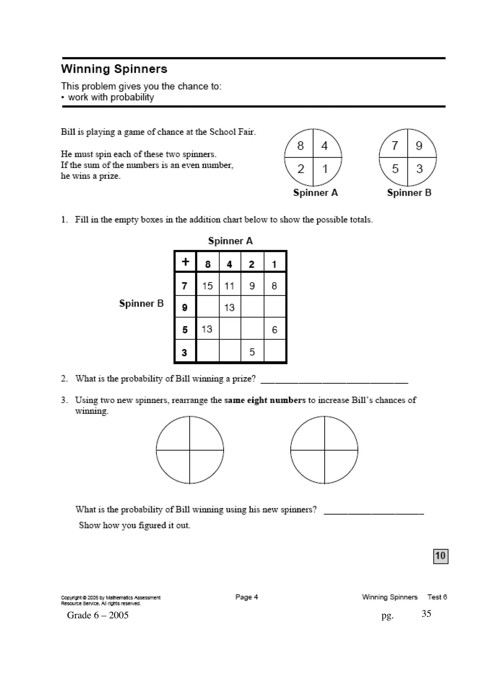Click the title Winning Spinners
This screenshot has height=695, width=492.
[114, 69]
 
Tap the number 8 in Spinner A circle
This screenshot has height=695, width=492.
[300, 146]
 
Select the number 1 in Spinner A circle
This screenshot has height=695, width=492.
[325, 169]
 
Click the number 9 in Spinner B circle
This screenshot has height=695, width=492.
[419, 146]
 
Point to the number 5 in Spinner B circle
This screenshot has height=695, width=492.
[395, 169]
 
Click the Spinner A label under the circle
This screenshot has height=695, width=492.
[315, 193]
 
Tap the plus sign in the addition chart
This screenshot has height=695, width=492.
[185, 262]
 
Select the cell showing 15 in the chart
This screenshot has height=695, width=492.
[208, 286]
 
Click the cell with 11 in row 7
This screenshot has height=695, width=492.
[229, 286]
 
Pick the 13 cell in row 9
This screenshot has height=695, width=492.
[229, 308]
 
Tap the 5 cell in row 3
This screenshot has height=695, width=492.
[252, 352]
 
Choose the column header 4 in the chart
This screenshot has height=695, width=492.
[229, 264]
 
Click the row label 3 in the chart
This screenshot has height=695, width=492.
[184, 352]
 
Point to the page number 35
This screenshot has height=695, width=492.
[426, 614]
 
